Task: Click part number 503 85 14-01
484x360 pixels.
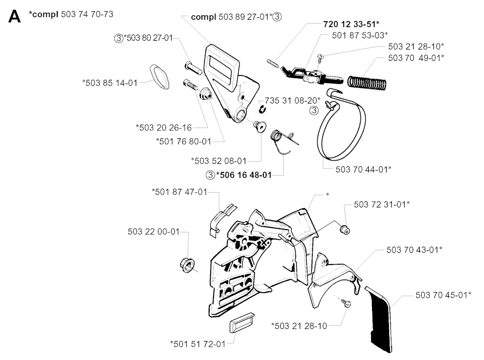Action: [109, 83]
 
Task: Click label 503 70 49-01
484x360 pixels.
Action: [416, 58]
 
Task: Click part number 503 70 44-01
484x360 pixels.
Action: [363, 168]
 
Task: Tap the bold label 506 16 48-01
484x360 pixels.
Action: [244, 175]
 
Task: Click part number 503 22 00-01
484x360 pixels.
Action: [154, 231]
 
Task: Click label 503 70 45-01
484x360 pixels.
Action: [443, 295]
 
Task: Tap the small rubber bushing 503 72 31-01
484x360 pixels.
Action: [345, 229]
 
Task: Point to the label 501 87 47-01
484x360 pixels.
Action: [179, 191]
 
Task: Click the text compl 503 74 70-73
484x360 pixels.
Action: [71, 15]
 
